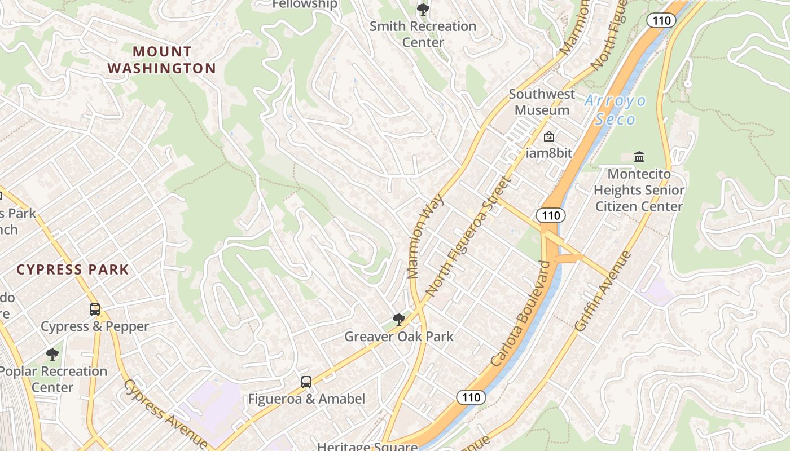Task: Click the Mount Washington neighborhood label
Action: [162, 60]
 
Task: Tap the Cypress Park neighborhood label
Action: [73, 269]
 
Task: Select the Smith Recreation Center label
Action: [423, 34]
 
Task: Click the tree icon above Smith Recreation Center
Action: [423, 10]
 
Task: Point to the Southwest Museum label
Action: [542, 102]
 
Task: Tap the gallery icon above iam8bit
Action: [548, 136]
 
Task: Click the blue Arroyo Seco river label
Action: [615, 110]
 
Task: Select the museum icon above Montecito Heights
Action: [639, 156]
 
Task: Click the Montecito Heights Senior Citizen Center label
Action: [639, 190]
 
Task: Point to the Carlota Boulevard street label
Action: [520, 313]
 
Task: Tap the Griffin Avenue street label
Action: [603, 291]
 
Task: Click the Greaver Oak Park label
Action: [399, 337]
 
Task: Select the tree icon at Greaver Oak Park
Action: [399, 320]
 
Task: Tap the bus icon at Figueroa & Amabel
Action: [306, 382]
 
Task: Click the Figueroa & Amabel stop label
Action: [306, 399]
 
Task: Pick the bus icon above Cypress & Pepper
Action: [95, 309]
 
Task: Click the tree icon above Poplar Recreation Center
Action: [52, 355]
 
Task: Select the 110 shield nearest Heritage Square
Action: [471, 397]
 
